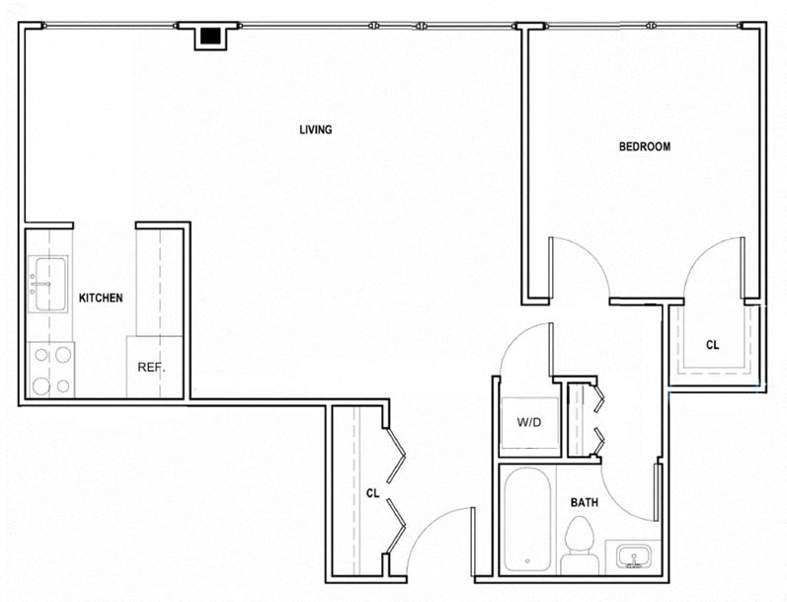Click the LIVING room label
click(316, 129)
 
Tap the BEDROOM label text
click(645, 146)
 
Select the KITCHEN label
click(101, 298)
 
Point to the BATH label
click(585, 502)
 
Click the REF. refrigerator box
click(154, 368)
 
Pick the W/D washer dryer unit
click(530, 423)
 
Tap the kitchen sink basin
click(47, 284)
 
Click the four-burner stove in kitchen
click(50, 370)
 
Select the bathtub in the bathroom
click(527, 519)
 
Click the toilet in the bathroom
click(580, 547)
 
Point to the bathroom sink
click(633, 557)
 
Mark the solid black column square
click(210, 36)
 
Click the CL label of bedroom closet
click(712, 345)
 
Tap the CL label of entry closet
click(372, 493)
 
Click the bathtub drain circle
click(527, 560)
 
